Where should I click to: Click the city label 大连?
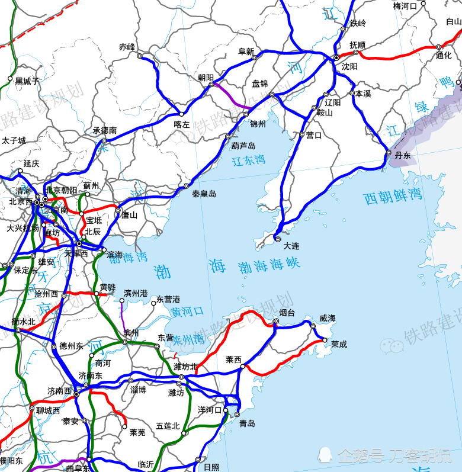click(x=291, y=245)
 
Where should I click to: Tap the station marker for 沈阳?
click(x=336, y=57)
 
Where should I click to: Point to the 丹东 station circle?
click(x=389, y=153)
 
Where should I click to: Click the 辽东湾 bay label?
click(x=248, y=160)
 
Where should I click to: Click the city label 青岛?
click(x=247, y=423)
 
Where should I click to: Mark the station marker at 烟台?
click(x=276, y=322)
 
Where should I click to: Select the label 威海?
click(x=327, y=318)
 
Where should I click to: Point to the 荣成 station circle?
click(x=325, y=340)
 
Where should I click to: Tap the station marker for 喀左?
click(x=182, y=114)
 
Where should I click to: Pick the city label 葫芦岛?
click(x=243, y=146)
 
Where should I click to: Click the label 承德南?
click(x=104, y=130)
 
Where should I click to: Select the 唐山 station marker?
click(x=118, y=210)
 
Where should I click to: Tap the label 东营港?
click(x=168, y=300)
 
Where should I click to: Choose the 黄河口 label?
click(x=187, y=311)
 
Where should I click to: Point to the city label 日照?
click(x=211, y=467)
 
